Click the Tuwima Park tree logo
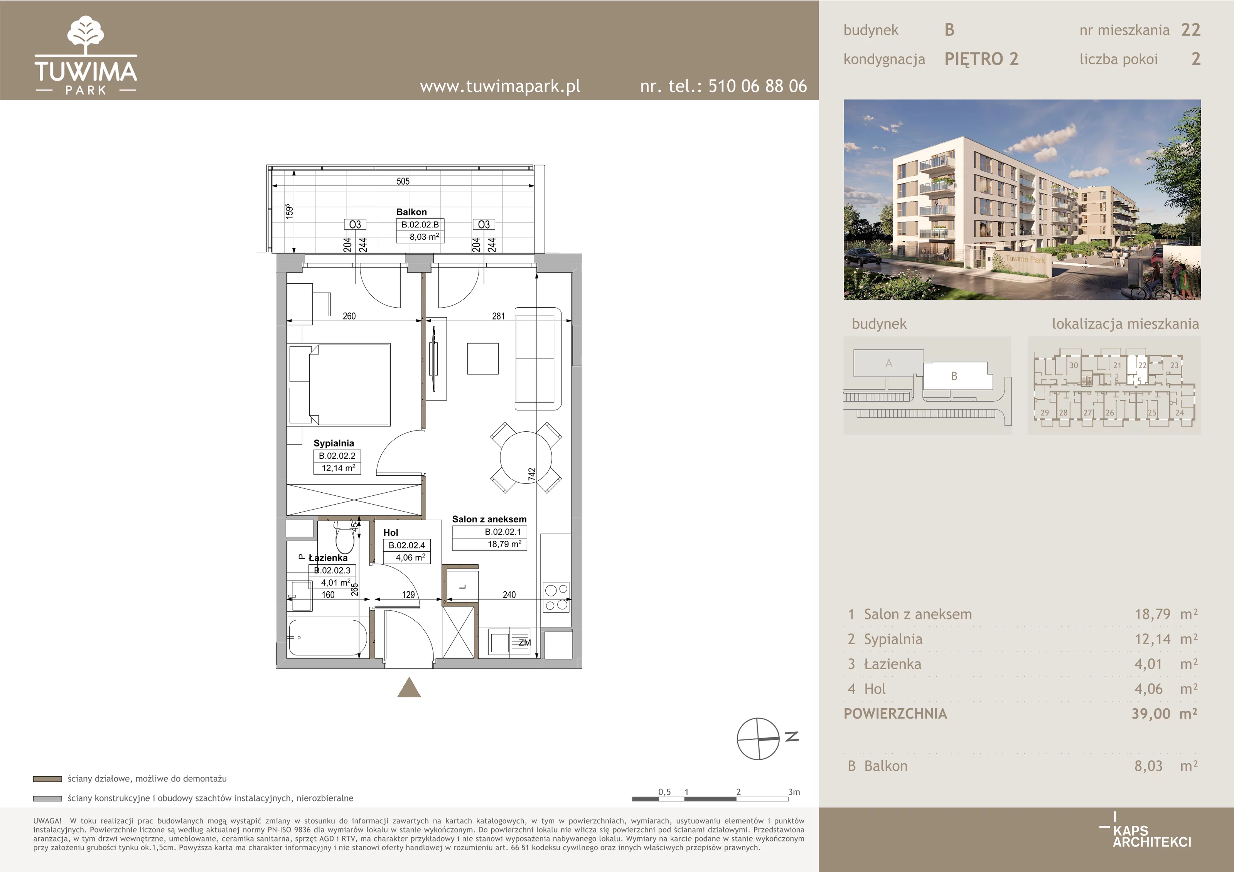pos(86,35)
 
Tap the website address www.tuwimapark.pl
pos(500,86)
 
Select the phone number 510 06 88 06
pos(757,86)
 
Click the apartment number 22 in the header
pos(1190,30)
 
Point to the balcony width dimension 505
pos(403,182)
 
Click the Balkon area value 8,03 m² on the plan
pos(424,236)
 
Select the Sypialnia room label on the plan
pos(334,443)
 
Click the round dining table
pos(526,458)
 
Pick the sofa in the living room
pos(538,359)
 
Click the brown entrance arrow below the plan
pos(409,687)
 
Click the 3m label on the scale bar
pos(794,792)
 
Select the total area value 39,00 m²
pos(1164,714)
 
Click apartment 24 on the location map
pos(1180,412)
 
